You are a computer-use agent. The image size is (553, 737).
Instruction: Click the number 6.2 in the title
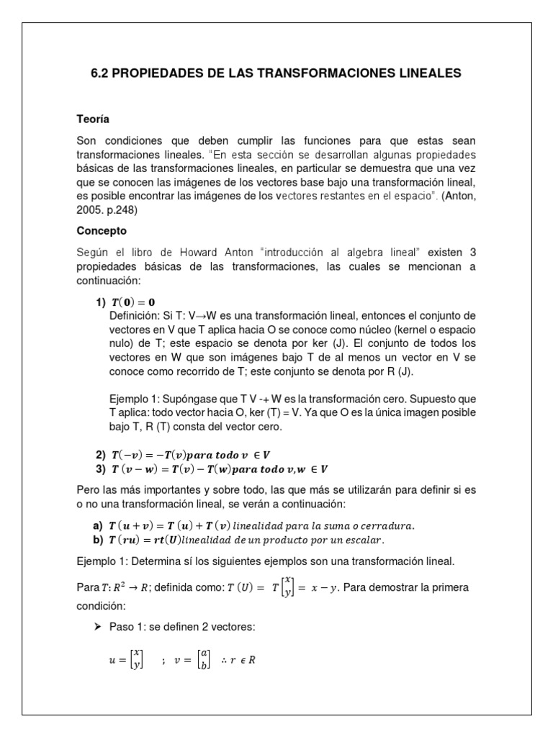[x=101, y=73]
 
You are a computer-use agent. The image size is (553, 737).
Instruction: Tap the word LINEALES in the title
[x=426, y=73]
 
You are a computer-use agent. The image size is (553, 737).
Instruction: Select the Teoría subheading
[x=93, y=119]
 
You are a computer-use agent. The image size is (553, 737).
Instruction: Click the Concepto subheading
[x=102, y=231]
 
